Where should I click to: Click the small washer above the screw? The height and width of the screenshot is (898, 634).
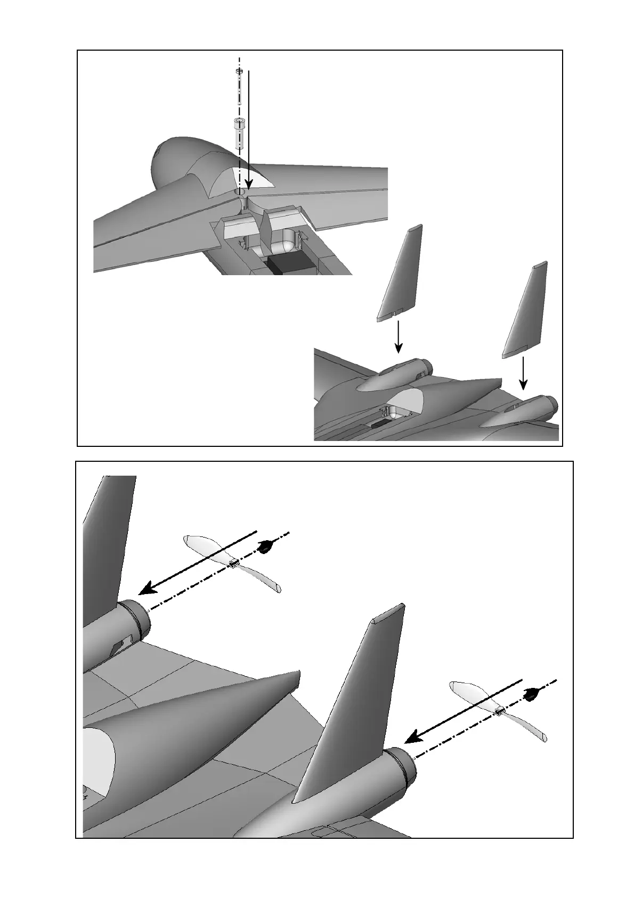(239, 71)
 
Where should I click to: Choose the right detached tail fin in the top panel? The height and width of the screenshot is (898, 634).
(525, 309)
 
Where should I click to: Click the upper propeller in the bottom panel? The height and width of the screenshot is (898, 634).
(232, 564)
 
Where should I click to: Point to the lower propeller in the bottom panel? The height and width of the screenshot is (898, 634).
(498, 711)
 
